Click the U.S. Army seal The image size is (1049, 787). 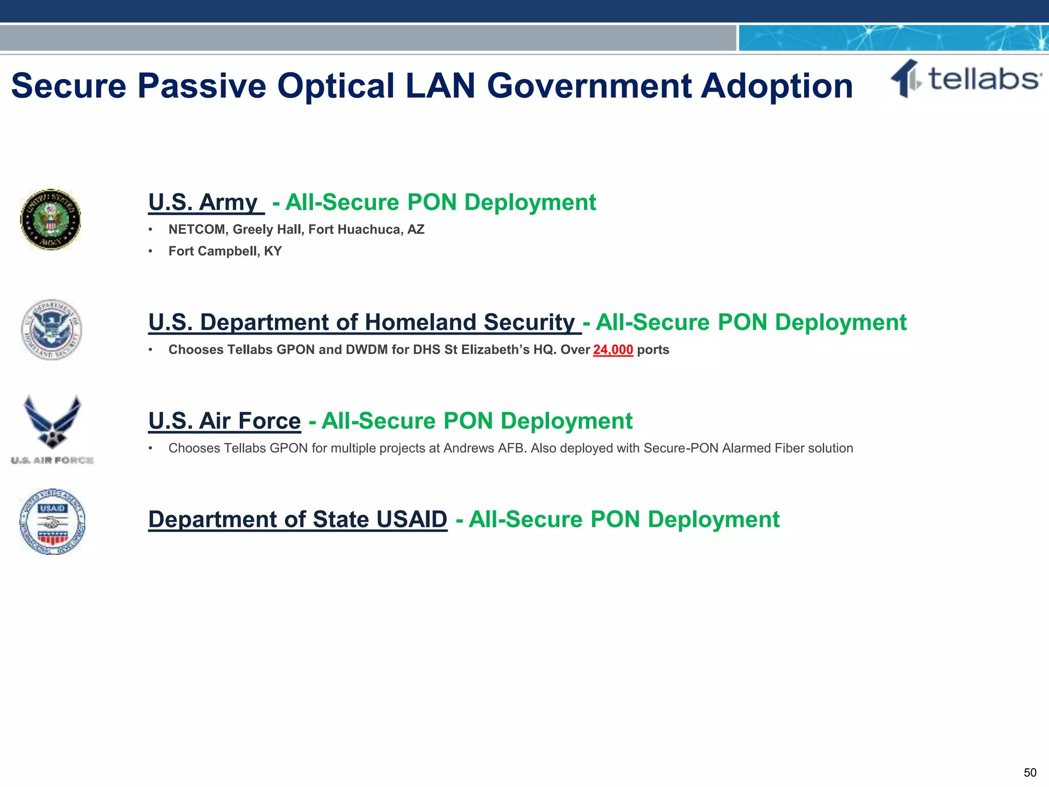click(x=50, y=219)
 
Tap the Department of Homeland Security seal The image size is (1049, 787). click(x=51, y=330)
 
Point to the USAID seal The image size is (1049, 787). click(x=52, y=522)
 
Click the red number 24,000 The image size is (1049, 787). click(x=613, y=349)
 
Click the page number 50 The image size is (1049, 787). click(x=1030, y=773)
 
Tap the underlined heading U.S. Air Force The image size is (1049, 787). click(x=224, y=421)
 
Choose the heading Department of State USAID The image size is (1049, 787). click(x=298, y=520)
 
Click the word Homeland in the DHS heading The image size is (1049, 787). click(x=425, y=322)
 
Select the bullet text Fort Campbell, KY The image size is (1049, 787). click(x=225, y=251)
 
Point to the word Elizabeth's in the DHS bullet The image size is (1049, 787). click(x=495, y=350)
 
